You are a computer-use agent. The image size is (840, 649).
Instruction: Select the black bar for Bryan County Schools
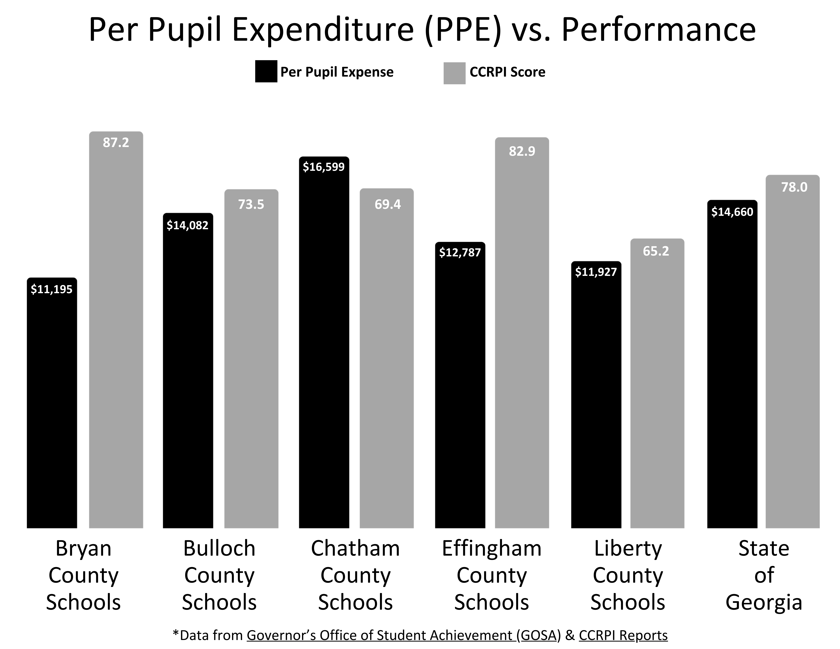click(52, 404)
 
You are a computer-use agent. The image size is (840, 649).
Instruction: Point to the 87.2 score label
click(116, 143)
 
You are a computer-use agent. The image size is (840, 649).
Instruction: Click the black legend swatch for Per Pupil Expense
click(266, 71)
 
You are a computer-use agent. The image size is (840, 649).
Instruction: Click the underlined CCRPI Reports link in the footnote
click(623, 635)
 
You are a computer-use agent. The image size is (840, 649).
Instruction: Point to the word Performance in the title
click(658, 30)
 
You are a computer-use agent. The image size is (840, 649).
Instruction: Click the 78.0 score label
click(794, 187)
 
